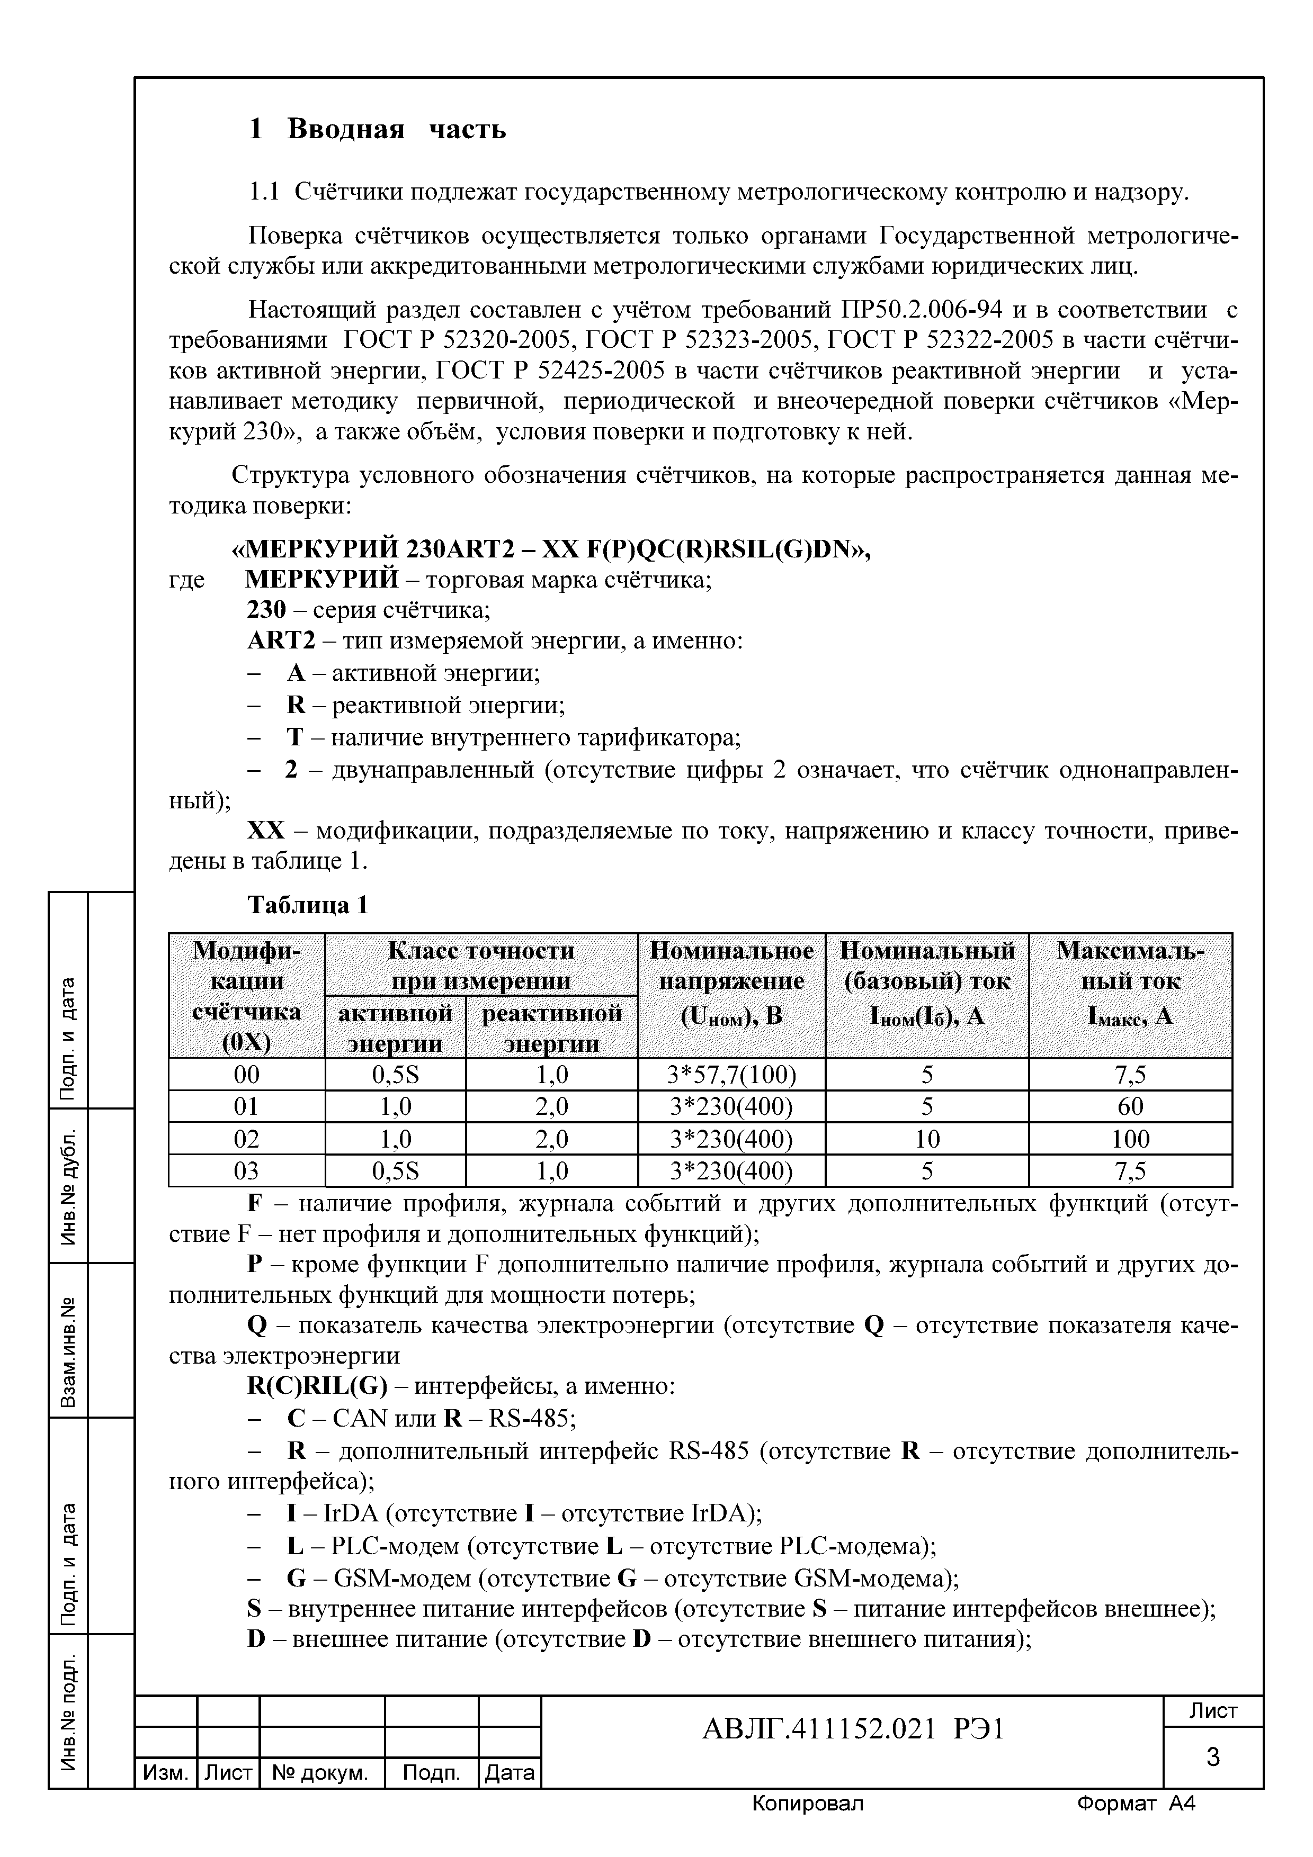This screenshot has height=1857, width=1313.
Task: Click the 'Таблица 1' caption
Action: click(307, 905)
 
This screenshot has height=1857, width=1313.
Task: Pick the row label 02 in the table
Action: click(247, 1139)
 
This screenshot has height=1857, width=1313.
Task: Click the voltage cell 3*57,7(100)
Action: click(731, 1075)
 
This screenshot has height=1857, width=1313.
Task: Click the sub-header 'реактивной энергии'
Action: click(552, 1027)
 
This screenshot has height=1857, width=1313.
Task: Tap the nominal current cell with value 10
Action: click(927, 1139)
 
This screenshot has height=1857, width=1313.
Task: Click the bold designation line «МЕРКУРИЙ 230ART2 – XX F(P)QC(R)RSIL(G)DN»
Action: click(551, 550)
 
